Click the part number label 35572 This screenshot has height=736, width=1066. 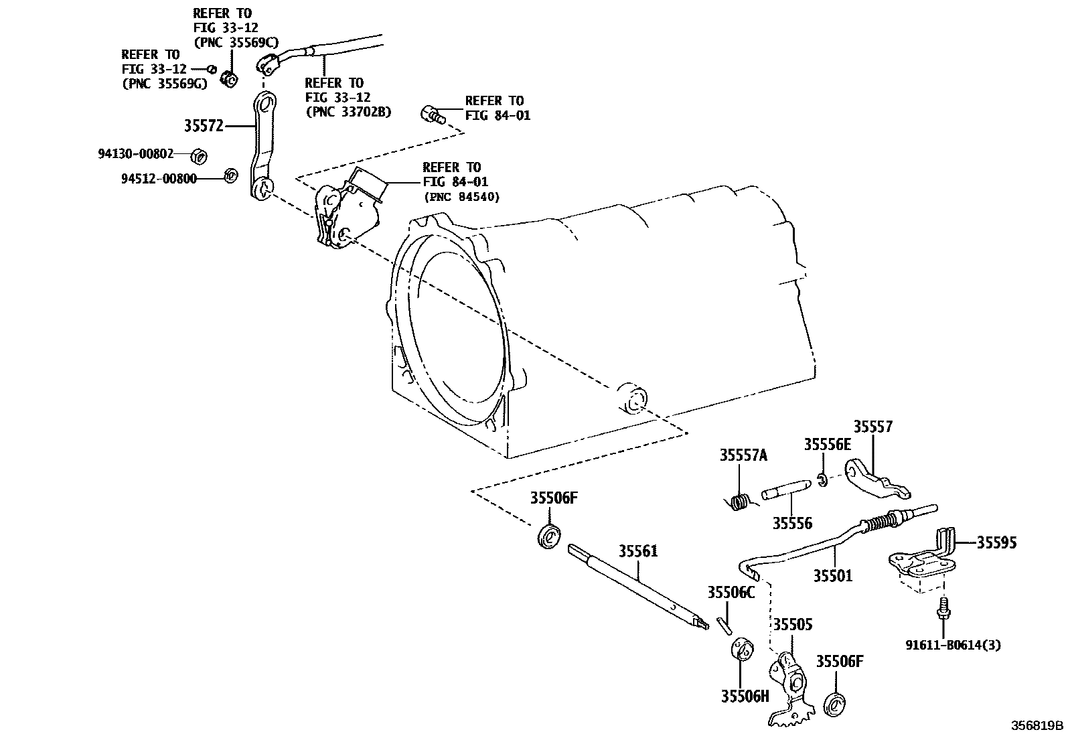click(x=204, y=126)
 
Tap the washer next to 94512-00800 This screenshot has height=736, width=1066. click(x=229, y=175)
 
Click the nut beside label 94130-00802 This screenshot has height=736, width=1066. click(x=198, y=156)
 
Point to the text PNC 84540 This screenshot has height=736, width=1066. click(x=461, y=197)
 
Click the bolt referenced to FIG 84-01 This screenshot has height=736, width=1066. click(x=433, y=115)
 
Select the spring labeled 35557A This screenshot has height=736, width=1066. click(x=739, y=502)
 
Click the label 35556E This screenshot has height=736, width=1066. click(x=827, y=445)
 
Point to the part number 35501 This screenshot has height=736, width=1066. click(x=833, y=575)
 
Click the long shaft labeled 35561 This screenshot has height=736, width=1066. click(x=636, y=587)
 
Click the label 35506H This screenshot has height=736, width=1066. click(x=745, y=696)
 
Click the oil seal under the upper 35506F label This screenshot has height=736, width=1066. click(x=550, y=537)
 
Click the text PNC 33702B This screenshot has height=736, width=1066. click(x=348, y=112)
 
